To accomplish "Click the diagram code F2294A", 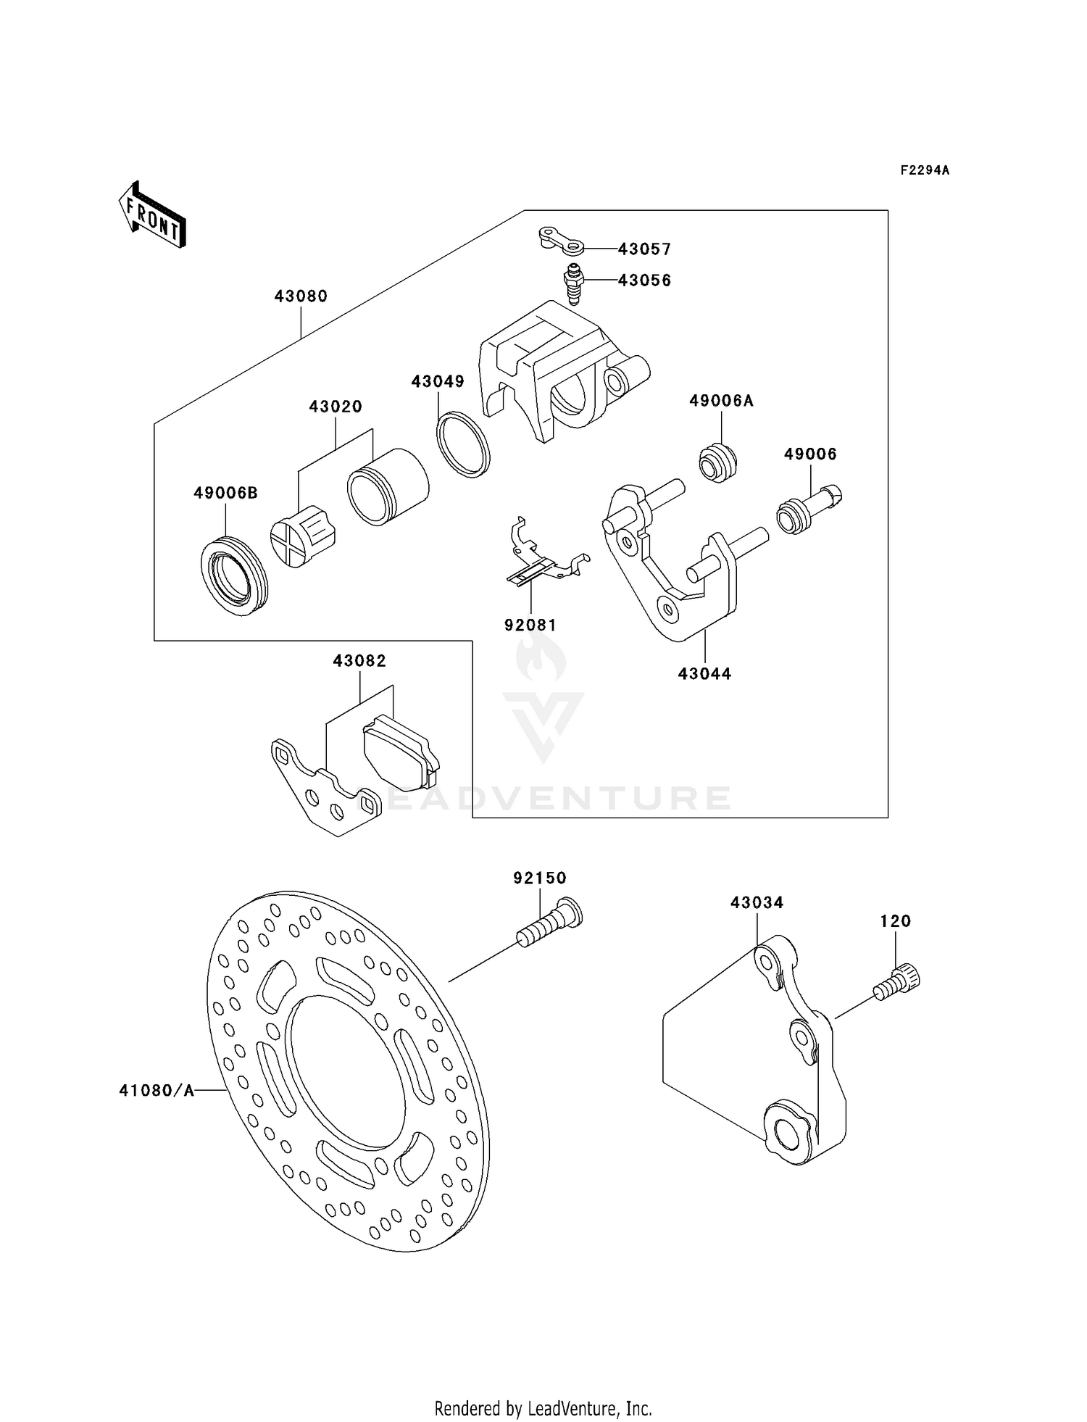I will coord(924,170).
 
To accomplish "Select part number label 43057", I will coord(644,249).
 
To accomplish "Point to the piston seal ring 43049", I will coord(463,444).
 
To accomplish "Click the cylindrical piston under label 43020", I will coord(387,486).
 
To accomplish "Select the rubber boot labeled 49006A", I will coord(717,463).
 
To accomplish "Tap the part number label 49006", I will coord(809,454).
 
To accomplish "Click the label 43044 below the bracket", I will coord(704,674).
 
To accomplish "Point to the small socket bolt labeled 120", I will coord(898,983).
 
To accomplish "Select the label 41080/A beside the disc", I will coord(157,1090).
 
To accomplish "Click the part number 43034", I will coord(757,903).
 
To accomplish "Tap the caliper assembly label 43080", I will coord(301,296).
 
